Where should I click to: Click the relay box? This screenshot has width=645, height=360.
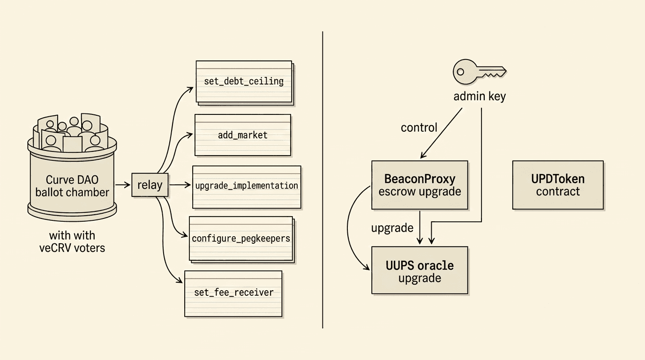(x=150, y=185)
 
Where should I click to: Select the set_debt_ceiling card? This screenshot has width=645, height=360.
(x=244, y=82)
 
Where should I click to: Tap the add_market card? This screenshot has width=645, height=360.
(x=242, y=135)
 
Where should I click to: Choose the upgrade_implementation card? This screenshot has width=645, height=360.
(x=247, y=187)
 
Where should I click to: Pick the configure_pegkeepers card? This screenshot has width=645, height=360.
(x=241, y=239)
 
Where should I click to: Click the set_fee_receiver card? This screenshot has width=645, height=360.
(x=233, y=293)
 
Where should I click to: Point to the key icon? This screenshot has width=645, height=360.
(x=479, y=72)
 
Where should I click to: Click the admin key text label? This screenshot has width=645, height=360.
(x=479, y=97)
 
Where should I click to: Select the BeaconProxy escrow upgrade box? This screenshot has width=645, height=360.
(x=420, y=185)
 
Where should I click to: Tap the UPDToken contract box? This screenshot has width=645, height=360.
(x=558, y=185)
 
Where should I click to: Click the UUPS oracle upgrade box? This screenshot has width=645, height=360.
(x=420, y=271)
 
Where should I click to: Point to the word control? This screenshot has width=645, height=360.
(x=419, y=127)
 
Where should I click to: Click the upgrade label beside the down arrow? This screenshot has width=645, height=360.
(x=392, y=228)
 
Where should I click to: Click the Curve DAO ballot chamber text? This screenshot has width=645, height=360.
(x=72, y=186)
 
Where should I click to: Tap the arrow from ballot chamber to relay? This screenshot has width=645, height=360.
(x=122, y=185)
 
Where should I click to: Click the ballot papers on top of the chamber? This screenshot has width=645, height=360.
(x=70, y=132)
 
